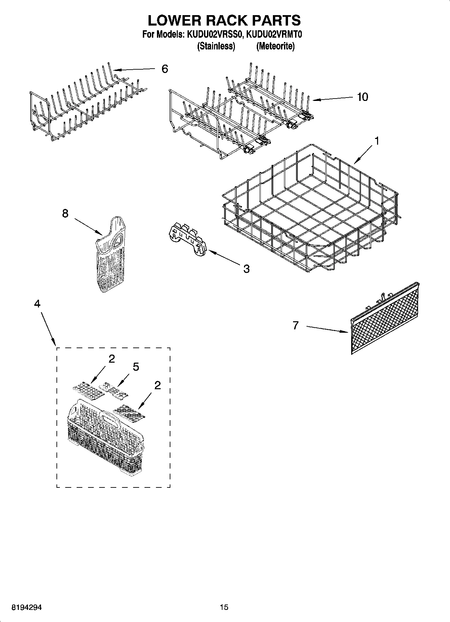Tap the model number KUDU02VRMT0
tap(275, 34)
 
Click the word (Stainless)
tap(215, 46)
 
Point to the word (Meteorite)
tap(275, 46)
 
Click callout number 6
tap(165, 69)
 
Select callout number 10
tap(363, 97)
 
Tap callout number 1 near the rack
tap(377, 141)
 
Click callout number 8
tap(65, 213)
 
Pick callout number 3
tap(246, 268)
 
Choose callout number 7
tap(295, 325)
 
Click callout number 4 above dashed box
tap(37, 303)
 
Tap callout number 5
tap(136, 367)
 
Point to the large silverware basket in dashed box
tap(106, 437)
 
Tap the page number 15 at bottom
tap(224, 607)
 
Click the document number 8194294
tap(27, 608)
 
